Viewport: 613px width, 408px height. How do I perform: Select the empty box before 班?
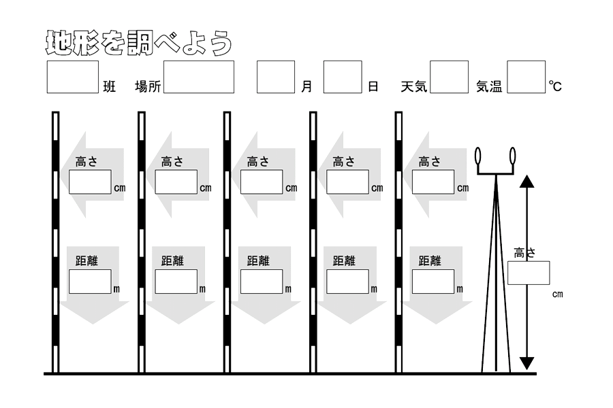(x=73, y=77)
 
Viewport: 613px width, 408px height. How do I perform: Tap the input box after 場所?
(x=199, y=77)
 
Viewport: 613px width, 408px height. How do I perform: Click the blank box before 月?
(x=276, y=77)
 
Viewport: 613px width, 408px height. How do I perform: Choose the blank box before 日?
(x=343, y=77)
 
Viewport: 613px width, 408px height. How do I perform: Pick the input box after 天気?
(x=450, y=77)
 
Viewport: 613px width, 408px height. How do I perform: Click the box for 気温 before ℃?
(x=526, y=77)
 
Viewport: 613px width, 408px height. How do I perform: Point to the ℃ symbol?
(x=555, y=88)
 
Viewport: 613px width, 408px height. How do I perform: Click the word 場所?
(x=148, y=88)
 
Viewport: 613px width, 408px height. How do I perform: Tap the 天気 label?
(x=414, y=88)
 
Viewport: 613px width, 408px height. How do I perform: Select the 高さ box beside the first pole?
(x=90, y=182)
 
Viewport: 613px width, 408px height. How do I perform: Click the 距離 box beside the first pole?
(x=90, y=282)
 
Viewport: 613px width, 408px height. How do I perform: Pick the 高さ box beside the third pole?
(x=262, y=182)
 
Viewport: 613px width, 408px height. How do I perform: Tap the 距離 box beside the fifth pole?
(x=433, y=282)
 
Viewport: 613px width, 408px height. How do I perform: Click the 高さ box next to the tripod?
(x=529, y=273)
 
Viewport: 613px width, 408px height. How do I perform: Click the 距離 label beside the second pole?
(x=173, y=260)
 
